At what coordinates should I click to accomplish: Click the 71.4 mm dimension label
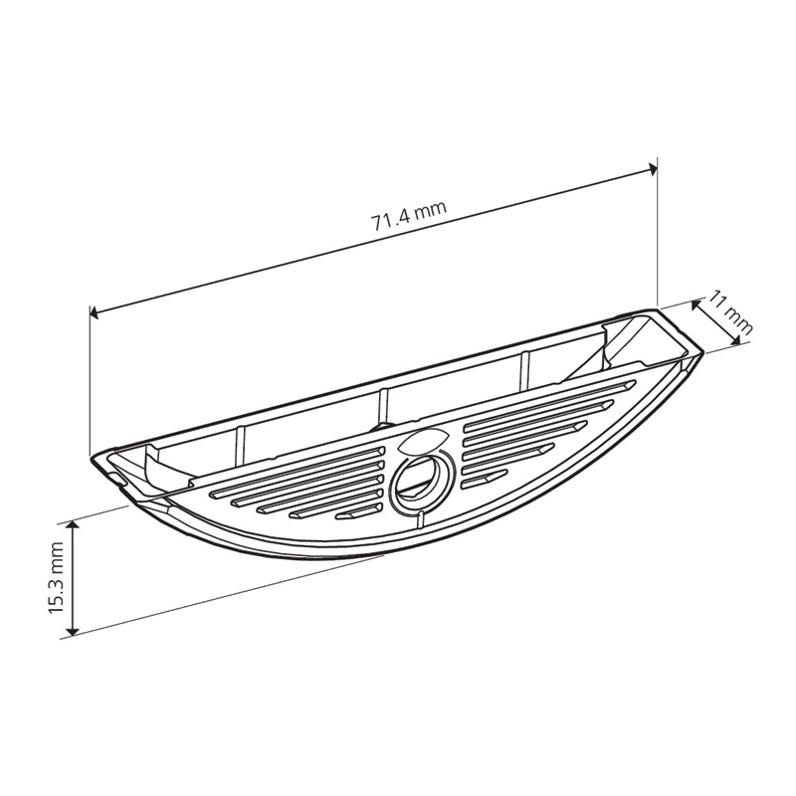coord(409,216)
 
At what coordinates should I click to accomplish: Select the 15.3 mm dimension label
coord(57,577)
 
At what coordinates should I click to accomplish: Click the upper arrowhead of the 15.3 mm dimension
coord(74,525)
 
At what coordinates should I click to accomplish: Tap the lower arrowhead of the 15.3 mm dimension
coord(74,630)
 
